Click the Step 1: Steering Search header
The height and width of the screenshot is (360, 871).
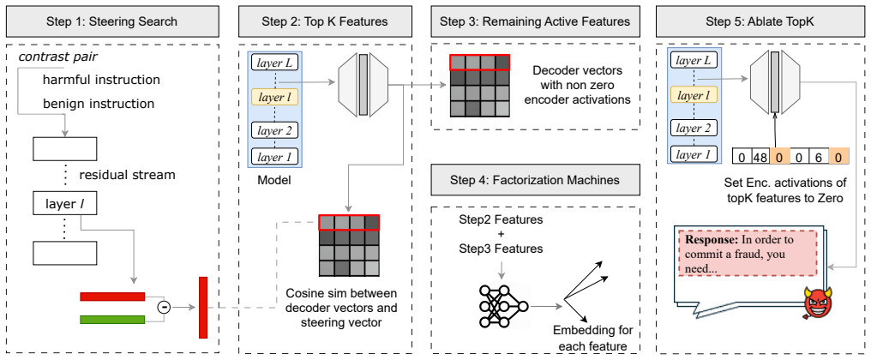113,21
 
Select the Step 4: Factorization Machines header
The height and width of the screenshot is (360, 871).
535,180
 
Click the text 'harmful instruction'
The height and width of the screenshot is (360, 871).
101,80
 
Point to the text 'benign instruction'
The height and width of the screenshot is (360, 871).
99,104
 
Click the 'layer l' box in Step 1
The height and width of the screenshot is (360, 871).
64,206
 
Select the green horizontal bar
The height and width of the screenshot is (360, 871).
112,319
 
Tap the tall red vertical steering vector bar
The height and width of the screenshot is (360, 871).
203,307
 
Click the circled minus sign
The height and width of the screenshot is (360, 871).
163,307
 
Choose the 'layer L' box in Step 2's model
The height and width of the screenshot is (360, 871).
274,63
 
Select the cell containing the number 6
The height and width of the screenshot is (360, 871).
819,158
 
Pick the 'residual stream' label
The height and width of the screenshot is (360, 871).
127,176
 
